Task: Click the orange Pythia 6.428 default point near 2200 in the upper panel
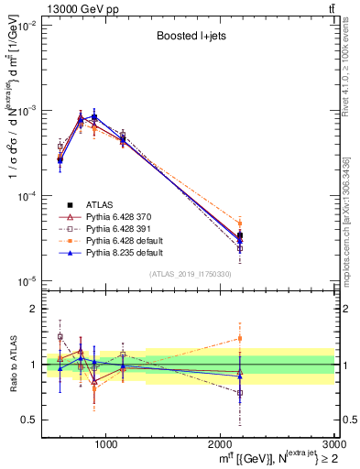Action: [x=240, y=224]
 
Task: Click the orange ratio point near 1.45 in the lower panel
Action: [x=240, y=338]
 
